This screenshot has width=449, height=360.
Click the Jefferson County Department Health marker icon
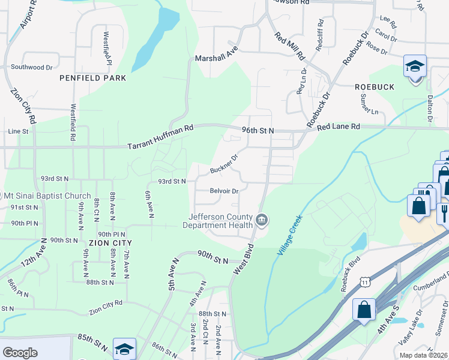point(262,220)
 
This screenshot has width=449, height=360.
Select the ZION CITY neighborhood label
point(110,242)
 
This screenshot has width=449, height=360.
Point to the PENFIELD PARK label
point(92,78)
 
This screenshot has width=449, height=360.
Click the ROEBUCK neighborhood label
point(373,87)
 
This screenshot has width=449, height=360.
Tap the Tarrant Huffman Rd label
point(161,137)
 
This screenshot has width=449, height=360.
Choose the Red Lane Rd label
point(339,127)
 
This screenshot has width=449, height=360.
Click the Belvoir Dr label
point(224,191)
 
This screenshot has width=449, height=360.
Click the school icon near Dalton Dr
point(415,67)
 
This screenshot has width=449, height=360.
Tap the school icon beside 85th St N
point(124,349)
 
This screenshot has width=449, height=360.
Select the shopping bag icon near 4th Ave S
point(364,311)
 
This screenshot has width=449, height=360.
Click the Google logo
point(20,353)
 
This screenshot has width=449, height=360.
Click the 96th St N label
point(259,130)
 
